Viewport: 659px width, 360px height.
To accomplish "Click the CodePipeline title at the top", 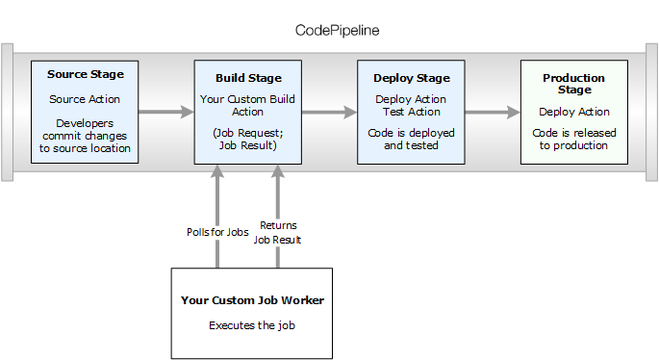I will click(337, 30).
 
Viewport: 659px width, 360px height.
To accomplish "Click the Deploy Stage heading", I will click(412, 78).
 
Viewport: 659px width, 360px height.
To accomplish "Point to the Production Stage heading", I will click(573, 84).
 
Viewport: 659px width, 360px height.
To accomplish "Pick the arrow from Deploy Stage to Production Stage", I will click(490, 112).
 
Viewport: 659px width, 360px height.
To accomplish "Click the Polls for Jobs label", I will click(217, 232).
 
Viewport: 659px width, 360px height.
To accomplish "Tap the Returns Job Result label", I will click(278, 233).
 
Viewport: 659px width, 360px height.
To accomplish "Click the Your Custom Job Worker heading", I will click(252, 300).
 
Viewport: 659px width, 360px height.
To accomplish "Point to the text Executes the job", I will click(251, 325).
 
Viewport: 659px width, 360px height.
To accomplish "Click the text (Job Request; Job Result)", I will click(248, 140).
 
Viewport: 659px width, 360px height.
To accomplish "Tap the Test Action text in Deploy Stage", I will click(412, 111).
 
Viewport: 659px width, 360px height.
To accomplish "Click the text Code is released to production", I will click(573, 139).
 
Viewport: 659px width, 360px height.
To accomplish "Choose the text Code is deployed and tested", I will click(412, 139).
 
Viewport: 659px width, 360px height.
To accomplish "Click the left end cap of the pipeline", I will click(7, 112).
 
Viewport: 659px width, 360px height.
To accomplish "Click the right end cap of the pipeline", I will click(651, 112).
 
